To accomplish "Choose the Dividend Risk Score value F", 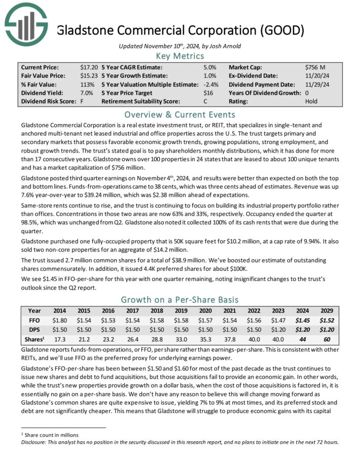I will click(82, 101).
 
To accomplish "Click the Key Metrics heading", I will click(179, 56).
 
